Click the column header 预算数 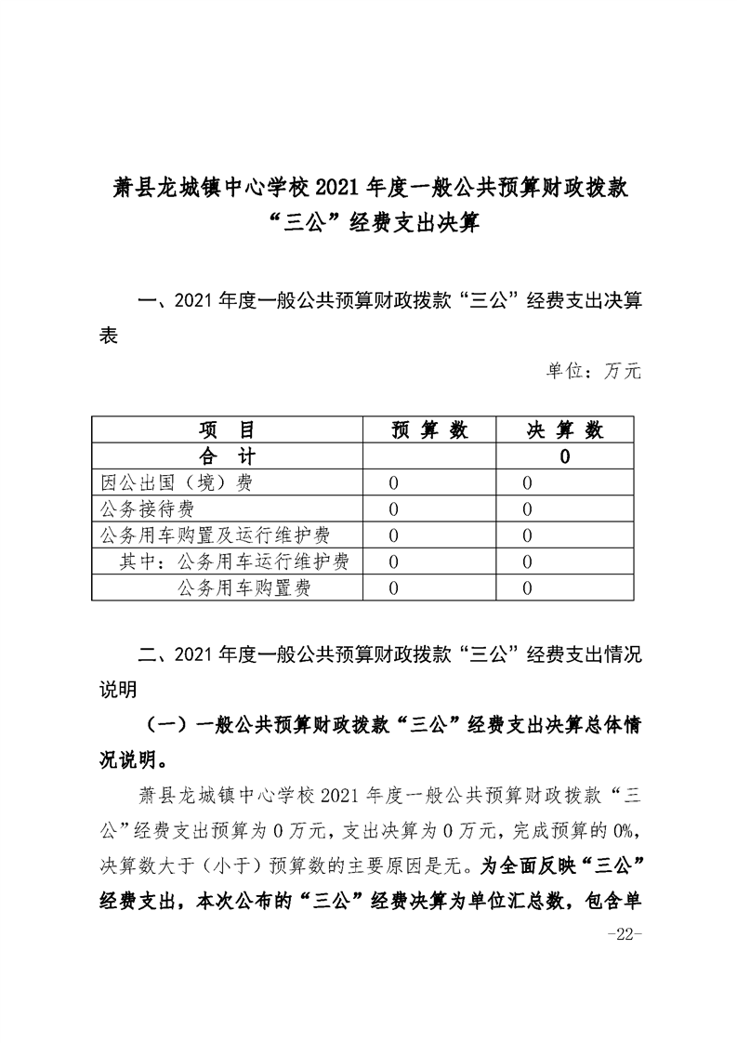(429, 429)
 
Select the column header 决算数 (565, 429)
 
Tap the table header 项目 (226, 429)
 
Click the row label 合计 (226, 455)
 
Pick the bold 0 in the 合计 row (565, 456)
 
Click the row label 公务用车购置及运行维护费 (216, 535)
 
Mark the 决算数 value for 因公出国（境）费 (528, 482)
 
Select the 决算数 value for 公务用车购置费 (528, 588)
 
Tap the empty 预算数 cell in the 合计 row (429, 455)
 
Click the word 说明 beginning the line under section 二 (118, 690)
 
